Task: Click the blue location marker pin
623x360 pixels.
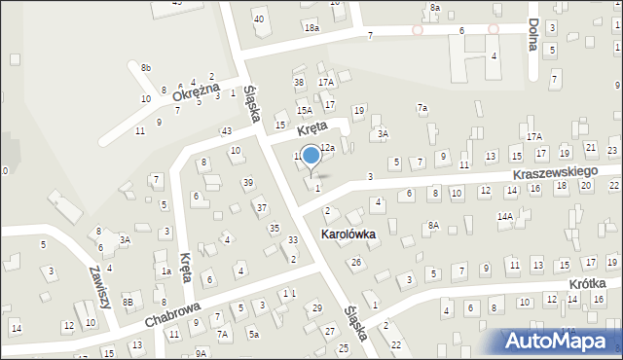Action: (x=311, y=156)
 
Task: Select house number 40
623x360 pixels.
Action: (x=258, y=18)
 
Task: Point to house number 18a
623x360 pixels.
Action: (x=311, y=29)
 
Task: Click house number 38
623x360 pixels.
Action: (x=299, y=83)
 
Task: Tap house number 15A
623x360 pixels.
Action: (x=305, y=112)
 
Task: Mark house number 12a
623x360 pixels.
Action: (x=328, y=147)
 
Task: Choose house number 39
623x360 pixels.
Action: (x=248, y=183)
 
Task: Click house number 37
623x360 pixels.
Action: (x=261, y=207)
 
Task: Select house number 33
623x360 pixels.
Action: (x=293, y=240)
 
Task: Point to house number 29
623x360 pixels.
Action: (x=317, y=307)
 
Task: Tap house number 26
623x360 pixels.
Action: (x=356, y=262)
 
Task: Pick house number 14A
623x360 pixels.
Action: (x=504, y=216)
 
